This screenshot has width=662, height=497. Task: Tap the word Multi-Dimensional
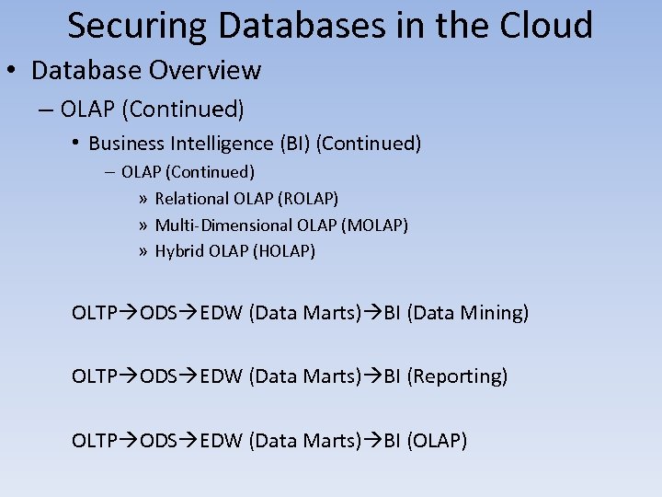pos(223,225)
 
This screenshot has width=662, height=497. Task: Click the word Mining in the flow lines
pos(496,313)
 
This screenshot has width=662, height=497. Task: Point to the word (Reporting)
pos(457,376)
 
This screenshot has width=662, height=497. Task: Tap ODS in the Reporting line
pos(157,376)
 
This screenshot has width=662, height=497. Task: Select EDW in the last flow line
pos(221,441)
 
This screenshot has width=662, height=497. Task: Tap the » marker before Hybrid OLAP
pos(143,251)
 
